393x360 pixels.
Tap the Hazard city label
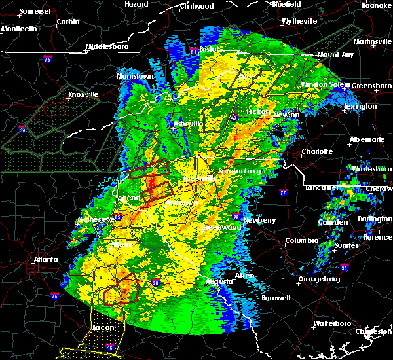pos(136,4)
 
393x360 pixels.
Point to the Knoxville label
pos(83,94)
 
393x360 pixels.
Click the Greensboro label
pos(372,86)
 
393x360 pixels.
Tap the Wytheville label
pos(299,21)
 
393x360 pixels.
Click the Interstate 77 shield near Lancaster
pos(283,193)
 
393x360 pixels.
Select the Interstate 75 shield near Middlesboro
pos(48,59)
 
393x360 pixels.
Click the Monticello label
pos(18,29)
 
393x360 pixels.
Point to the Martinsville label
pos(369,42)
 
